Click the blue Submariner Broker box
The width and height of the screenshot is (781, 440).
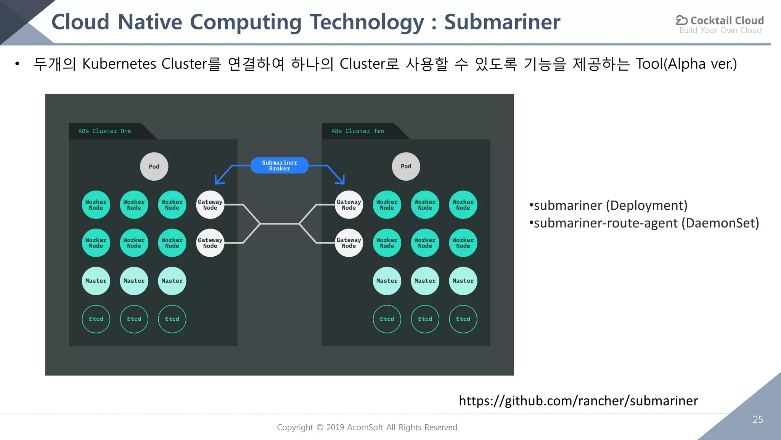279,165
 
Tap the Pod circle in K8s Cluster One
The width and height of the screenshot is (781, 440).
154,167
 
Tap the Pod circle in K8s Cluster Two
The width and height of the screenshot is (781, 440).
406,166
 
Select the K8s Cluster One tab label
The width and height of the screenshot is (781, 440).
104,131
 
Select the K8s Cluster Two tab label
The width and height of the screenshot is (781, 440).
357,131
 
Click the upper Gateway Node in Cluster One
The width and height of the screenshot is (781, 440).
210,205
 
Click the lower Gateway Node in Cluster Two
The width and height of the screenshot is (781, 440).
349,243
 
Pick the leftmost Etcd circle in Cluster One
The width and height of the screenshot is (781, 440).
96,319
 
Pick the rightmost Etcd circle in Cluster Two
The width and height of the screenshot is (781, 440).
463,319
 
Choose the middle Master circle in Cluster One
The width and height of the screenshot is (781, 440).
134,281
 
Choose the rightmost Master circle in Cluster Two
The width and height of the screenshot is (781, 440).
463,281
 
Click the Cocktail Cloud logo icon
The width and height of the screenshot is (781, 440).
681,20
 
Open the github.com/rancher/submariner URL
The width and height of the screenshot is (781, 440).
578,401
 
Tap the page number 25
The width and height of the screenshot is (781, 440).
758,419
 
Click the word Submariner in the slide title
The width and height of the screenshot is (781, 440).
502,22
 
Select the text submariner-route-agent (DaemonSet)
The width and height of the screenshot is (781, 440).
646,223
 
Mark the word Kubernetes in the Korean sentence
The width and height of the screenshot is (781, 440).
119,64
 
